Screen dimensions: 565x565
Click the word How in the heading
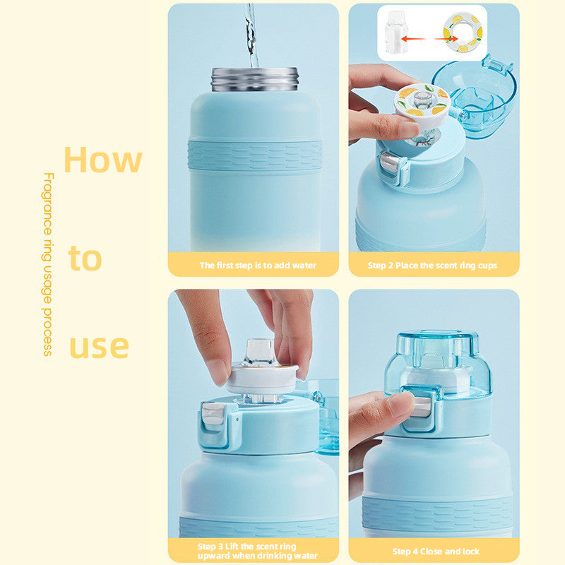tap(102, 160)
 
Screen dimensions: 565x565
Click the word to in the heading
tap(85, 258)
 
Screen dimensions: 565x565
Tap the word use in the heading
tap(99, 346)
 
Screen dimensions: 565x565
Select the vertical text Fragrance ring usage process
tap(48, 263)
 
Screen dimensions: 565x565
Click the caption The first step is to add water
tap(258, 266)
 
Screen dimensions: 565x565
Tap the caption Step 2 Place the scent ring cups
tap(432, 266)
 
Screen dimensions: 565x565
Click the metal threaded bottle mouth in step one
tap(255, 79)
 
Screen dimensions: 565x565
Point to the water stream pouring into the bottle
tap(251, 35)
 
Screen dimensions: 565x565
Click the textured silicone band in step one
tap(255, 155)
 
